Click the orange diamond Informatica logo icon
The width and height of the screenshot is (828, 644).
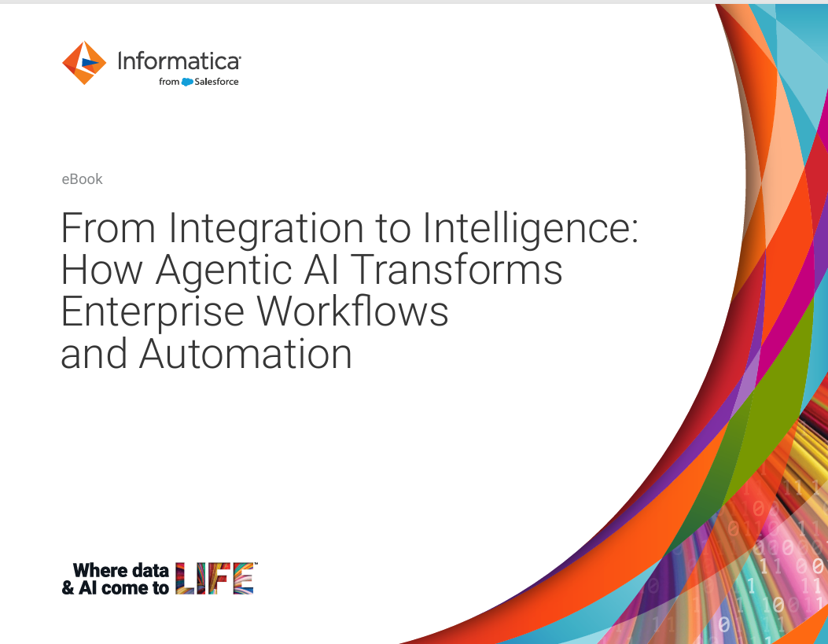tap(84, 63)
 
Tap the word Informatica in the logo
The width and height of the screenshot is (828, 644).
tap(179, 61)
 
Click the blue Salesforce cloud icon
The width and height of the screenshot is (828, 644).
tap(187, 82)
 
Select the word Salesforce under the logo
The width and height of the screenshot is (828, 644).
tap(216, 82)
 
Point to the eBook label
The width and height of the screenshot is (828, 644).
tap(82, 179)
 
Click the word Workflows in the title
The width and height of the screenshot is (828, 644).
tap(353, 311)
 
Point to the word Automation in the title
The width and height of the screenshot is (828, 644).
tap(245, 354)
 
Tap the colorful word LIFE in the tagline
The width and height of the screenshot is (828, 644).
tap(215, 579)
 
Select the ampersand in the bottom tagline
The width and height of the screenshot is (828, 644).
tap(68, 587)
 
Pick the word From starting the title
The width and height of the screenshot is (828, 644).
tap(109, 228)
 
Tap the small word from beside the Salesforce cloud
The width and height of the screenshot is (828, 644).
tap(169, 82)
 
